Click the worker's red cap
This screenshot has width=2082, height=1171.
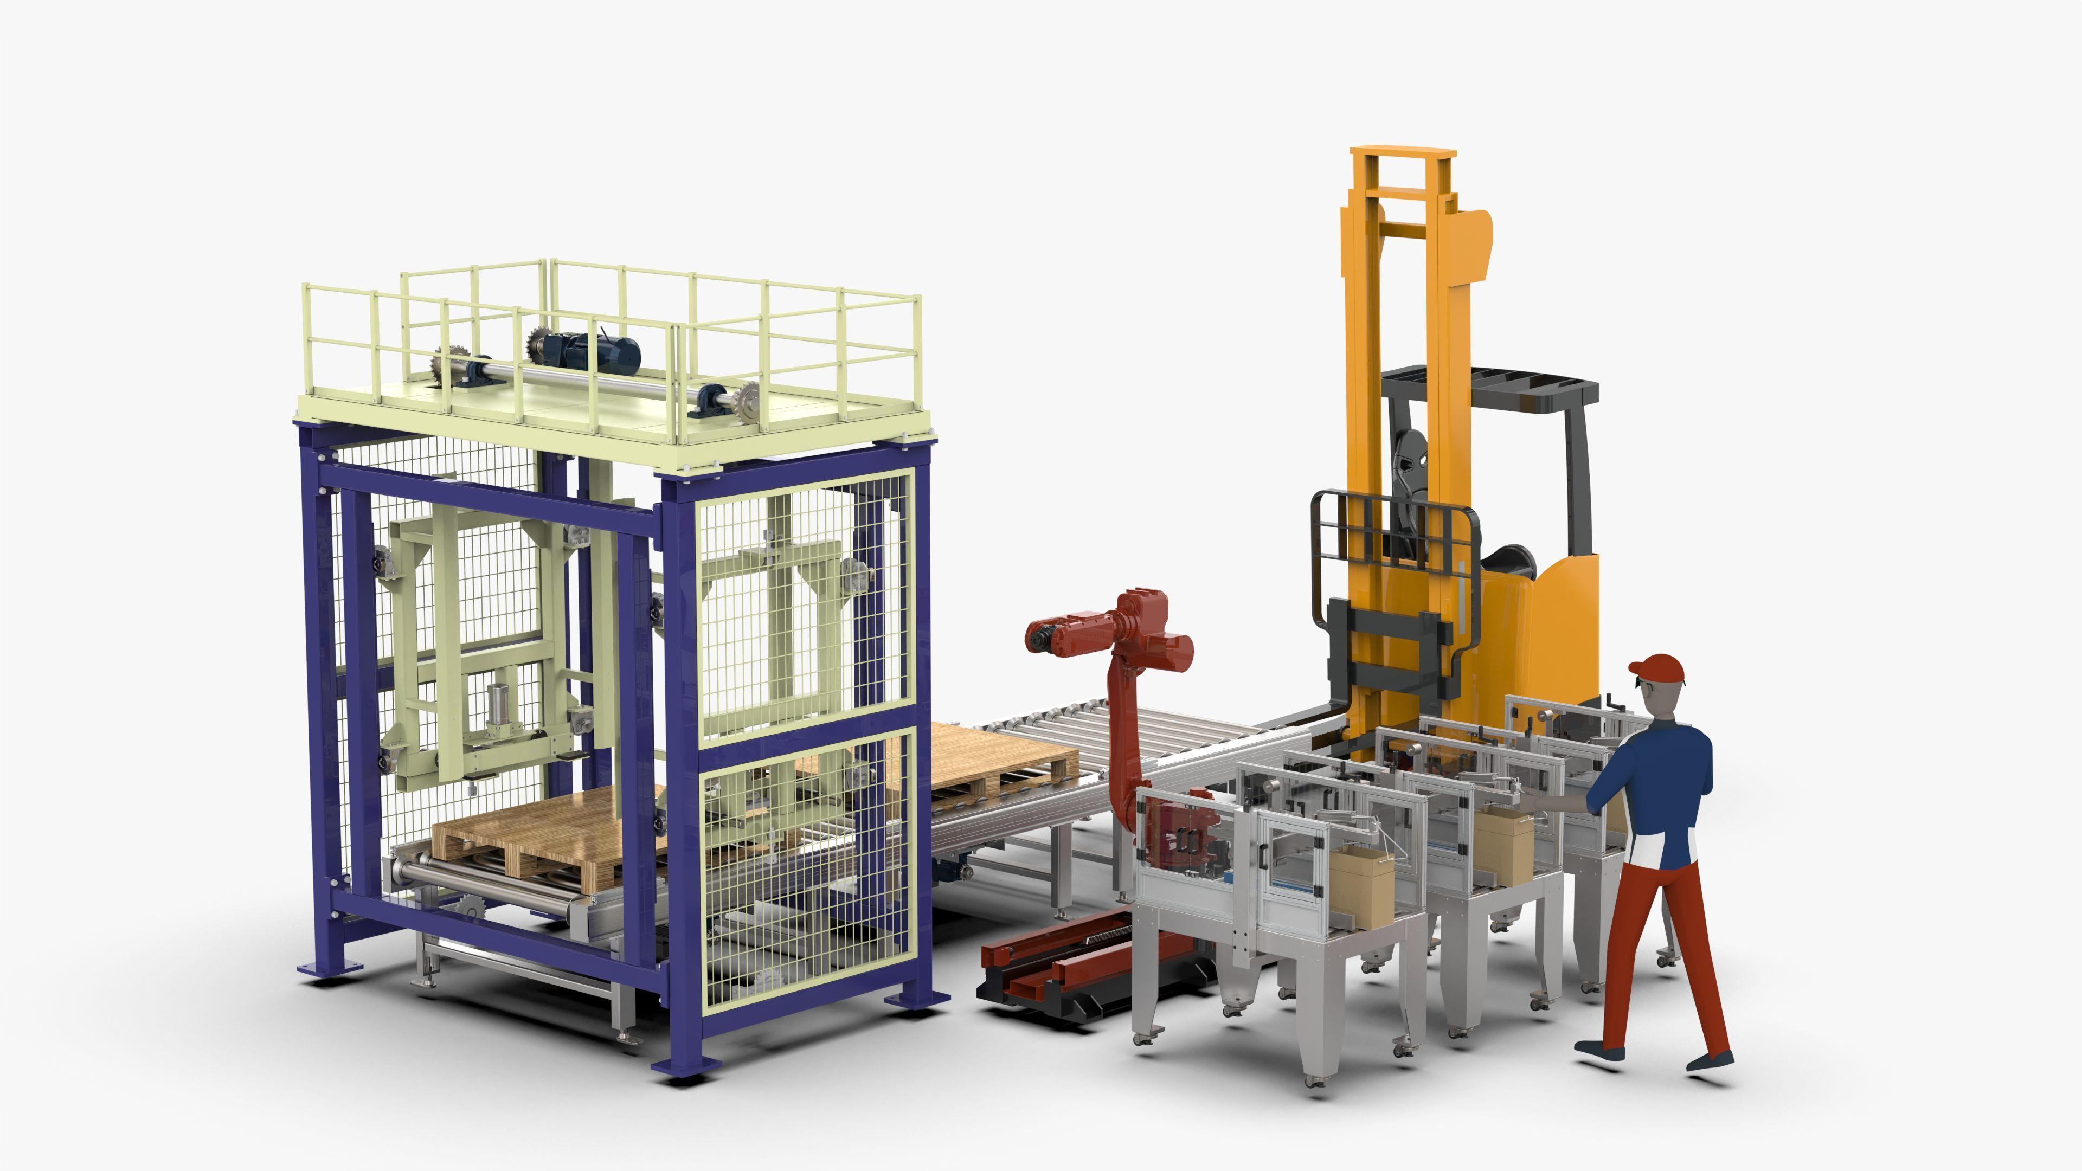[x=1659, y=667]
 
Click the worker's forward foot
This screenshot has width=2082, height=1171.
[x=1599, y=1051]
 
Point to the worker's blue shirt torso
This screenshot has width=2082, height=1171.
[x=1657, y=776]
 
